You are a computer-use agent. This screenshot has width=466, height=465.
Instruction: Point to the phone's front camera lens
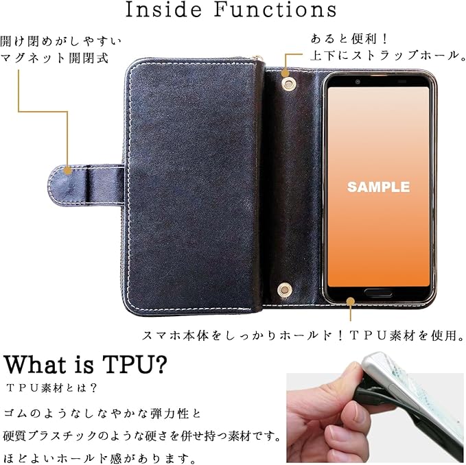click(358, 81)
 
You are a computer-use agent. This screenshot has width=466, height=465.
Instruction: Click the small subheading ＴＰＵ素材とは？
click(51, 388)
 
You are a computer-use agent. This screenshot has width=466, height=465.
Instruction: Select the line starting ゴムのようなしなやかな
click(102, 414)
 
